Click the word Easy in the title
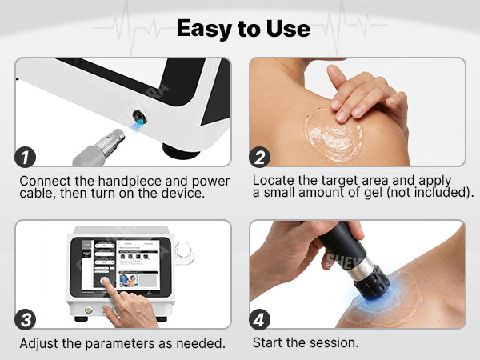[x=204, y=29]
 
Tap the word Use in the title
[x=288, y=29]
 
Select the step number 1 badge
[x=25, y=158]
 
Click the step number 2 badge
[x=259, y=158]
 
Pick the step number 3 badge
[x=25, y=319]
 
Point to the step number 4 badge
[x=259, y=319]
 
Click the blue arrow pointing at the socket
[x=138, y=125]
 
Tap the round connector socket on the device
[x=139, y=116]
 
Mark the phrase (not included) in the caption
[x=430, y=193]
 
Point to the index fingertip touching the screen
[x=104, y=281]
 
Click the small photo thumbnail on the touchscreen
[x=128, y=281]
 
